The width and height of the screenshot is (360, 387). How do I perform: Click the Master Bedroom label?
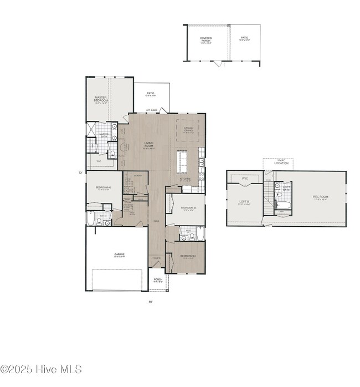[100, 99]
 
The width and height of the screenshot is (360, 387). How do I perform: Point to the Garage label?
[119, 256]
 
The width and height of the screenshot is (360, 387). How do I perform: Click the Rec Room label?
[321, 197]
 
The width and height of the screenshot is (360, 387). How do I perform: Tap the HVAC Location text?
[282, 161]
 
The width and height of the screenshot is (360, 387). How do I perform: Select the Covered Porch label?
[205, 39]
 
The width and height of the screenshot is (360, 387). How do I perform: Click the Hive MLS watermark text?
[42, 369]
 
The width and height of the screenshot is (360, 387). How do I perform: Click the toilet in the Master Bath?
[111, 154]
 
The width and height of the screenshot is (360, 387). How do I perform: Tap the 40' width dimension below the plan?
[150, 302]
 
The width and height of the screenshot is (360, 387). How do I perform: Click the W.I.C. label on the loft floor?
[244, 179]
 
